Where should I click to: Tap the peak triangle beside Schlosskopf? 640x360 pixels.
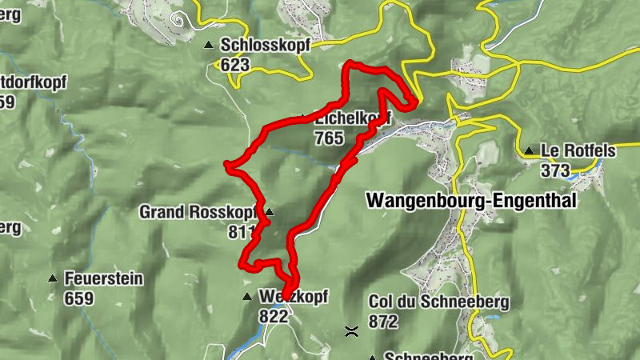[x=209, y=46]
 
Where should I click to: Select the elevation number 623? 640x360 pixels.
[x=235, y=65]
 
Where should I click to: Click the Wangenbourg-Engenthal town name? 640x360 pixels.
[x=470, y=201]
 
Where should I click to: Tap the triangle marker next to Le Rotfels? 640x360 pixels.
[x=529, y=150]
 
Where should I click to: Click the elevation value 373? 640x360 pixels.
[x=554, y=170]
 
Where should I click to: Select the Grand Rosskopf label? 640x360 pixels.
[x=198, y=212]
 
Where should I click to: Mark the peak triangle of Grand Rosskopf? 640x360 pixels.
[x=270, y=212]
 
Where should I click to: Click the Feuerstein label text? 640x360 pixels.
[x=103, y=279]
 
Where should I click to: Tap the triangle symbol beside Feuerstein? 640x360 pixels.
[x=53, y=279]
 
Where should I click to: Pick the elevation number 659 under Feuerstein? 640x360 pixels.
[x=79, y=299]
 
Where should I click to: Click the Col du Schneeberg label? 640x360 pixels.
[x=428, y=302]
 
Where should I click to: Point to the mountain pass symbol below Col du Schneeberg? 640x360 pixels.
[x=350, y=330]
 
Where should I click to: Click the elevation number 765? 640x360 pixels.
[x=329, y=138]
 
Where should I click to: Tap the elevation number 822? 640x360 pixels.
[x=273, y=316]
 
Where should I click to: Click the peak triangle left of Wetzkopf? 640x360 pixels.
[x=247, y=297]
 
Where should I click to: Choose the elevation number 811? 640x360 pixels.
[x=242, y=232]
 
